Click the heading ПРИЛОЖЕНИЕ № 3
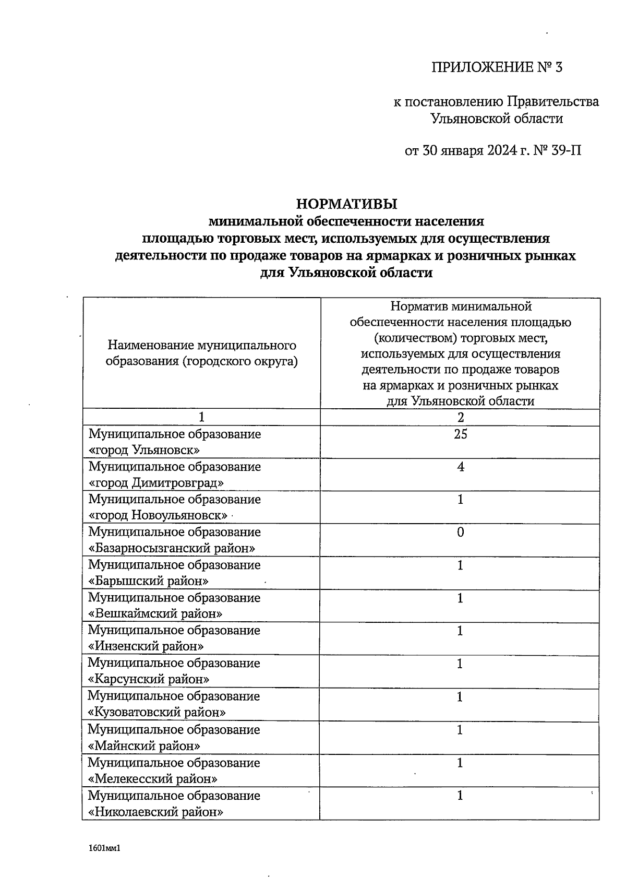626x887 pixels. point(497,68)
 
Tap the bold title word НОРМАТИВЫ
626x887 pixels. point(346,203)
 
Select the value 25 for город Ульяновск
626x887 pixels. point(460,434)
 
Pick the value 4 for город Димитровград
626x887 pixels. point(460,467)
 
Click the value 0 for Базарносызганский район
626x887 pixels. point(460,533)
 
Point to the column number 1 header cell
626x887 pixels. point(201,417)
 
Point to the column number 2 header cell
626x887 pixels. point(460,417)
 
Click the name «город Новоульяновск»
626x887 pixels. point(158,516)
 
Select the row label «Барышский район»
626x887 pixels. point(149,581)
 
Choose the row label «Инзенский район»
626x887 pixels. point(146,646)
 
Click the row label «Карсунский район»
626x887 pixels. point(149,679)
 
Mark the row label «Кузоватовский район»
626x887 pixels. point(156,712)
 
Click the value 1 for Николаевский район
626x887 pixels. point(460,796)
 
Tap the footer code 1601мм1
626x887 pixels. point(105,849)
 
